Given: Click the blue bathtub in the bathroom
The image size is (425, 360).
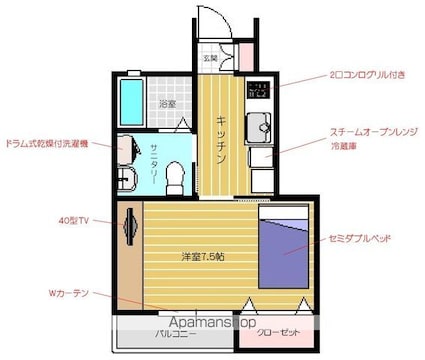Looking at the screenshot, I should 131,98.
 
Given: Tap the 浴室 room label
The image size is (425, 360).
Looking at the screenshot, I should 168,104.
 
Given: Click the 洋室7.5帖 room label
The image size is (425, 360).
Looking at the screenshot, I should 202,257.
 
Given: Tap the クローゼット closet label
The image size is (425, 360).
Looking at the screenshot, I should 276,333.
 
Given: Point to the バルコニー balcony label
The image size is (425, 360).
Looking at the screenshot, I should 174,336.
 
